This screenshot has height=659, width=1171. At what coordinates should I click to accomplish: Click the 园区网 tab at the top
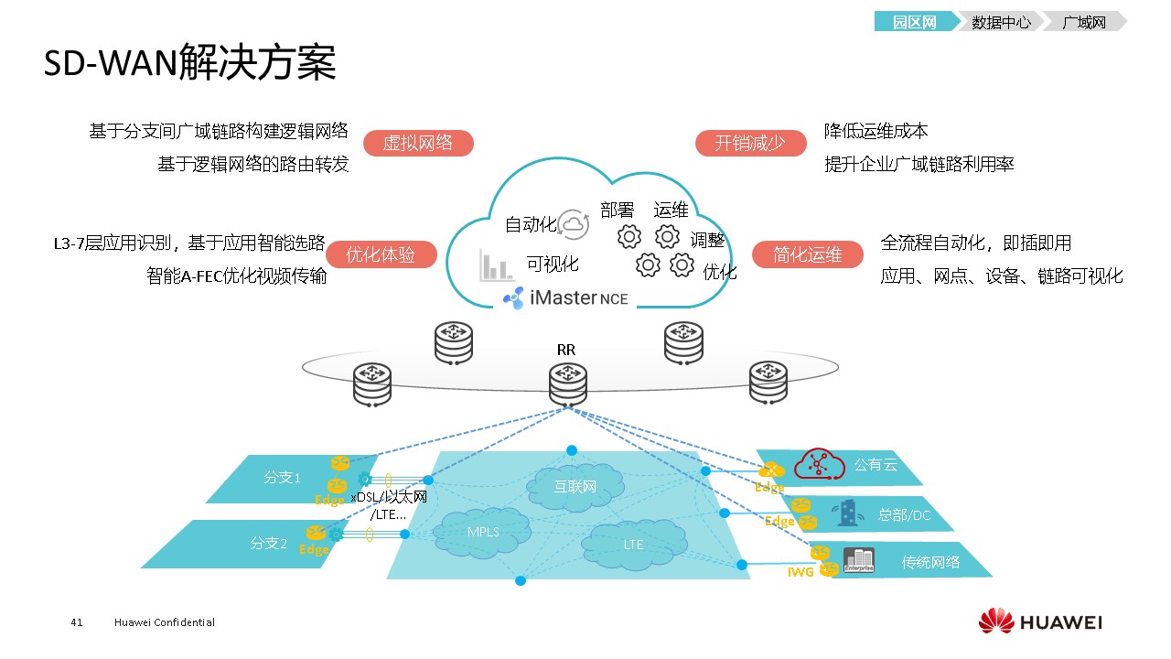point(915,22)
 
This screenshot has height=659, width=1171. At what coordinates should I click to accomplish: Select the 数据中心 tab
point(1001,22)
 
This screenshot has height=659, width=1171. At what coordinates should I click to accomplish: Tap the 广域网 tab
point(1084,22)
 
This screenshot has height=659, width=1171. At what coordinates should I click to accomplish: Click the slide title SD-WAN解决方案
point(190,64)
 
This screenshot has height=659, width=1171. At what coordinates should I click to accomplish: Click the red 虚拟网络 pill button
point(417,144)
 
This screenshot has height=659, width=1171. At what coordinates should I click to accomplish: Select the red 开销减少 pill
point(750,144)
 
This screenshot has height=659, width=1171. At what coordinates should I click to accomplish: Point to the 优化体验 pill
point(381,255)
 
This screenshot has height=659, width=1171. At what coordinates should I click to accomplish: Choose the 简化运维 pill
point(807,255)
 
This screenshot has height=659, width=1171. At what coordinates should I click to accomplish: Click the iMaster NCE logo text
point(567,298)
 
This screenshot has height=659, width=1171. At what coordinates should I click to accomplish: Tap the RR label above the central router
point(566,350)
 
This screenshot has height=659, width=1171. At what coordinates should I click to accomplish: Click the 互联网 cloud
point(575,486)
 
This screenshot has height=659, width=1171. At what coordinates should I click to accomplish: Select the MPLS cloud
point(483,532)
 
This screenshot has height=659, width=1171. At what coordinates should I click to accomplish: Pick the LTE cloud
point(633,544)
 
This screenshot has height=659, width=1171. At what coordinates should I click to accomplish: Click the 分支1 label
point(282,477)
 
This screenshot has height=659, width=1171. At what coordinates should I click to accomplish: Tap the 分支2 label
point(269,543)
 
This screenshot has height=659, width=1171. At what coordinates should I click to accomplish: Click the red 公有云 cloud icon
point(818,465)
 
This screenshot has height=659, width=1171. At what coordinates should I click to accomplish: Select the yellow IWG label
point(800,572)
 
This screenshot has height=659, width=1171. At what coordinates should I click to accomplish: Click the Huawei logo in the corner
point(1040,622)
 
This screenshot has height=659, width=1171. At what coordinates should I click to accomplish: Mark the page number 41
point(77,622)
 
